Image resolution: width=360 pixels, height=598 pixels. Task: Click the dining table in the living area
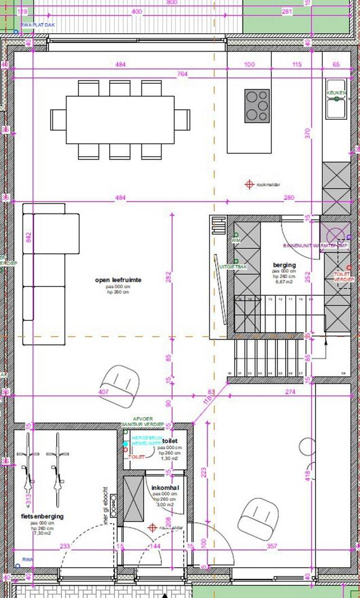[120, 120]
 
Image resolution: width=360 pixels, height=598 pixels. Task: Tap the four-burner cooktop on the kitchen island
[256, 106]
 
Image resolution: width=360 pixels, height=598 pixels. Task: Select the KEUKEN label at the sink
[336, 93]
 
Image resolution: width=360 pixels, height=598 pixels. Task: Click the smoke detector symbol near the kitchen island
[249, 184]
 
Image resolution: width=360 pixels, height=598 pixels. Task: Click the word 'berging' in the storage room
[284, 265]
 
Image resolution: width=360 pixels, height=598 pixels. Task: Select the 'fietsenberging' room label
[42, 516]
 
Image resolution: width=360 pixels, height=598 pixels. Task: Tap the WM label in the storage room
[236, 241]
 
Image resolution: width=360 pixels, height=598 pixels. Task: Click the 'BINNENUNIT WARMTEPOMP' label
[316, 246]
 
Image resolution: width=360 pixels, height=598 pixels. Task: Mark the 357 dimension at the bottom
[272, 546]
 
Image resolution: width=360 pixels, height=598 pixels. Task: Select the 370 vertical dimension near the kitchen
[308, 133]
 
